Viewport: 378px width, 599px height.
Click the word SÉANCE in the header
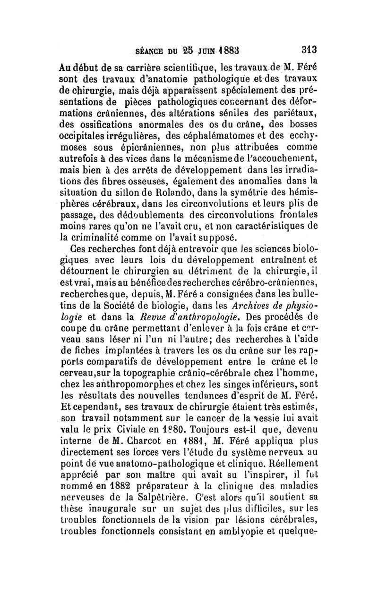152,50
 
